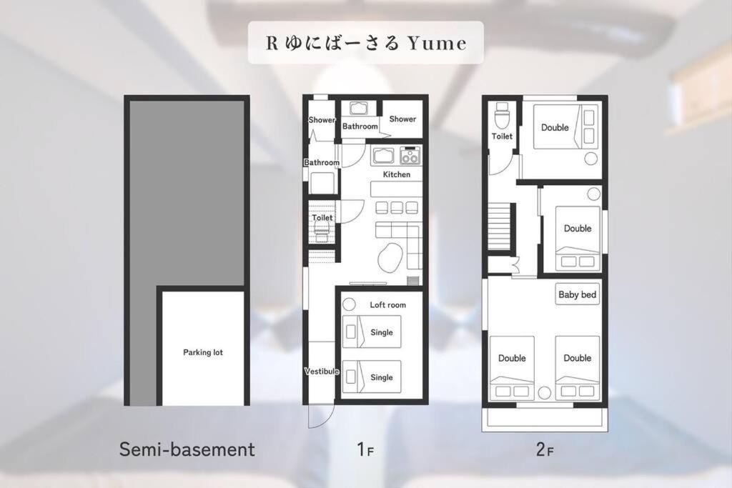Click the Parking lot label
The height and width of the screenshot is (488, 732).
[202, 352]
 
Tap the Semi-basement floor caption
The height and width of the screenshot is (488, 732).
[187, 449]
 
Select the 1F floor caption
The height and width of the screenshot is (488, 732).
[365, 449]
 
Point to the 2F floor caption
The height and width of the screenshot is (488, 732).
[545, 449]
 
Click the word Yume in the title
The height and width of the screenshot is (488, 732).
[437, 43]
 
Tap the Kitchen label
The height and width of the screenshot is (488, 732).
[396, 174]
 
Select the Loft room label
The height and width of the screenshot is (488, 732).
[387, 304]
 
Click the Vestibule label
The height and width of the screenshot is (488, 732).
[322, 372]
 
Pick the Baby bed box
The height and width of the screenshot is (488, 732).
[578, 294]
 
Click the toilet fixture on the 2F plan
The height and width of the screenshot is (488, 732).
[502, 115]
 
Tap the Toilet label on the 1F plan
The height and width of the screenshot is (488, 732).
[322, 217]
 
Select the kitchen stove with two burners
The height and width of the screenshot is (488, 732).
[410, 155]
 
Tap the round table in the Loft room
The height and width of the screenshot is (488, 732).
[349, 304]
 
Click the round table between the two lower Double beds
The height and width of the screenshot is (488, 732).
[544, 393]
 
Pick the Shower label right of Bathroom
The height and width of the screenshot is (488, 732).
[402, 119]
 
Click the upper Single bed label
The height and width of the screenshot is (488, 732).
[382, 332]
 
